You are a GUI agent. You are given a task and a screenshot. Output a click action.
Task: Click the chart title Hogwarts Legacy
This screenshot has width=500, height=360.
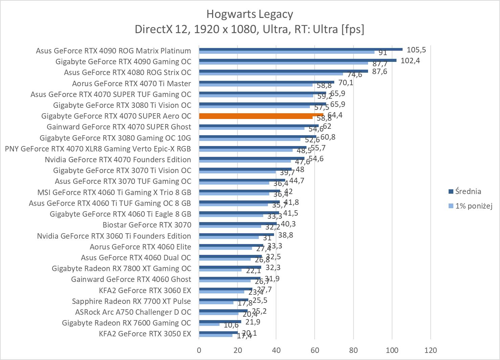coord(249,14)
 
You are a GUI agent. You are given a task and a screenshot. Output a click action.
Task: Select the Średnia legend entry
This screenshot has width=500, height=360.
coord(468,191)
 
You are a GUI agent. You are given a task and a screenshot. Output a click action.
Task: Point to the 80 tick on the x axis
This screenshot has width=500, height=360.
coord(353,350)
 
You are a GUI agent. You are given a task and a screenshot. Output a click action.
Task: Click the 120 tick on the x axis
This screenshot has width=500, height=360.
coord(430,350)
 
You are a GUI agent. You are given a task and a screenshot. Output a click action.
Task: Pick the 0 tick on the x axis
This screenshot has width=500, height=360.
coord(199,350)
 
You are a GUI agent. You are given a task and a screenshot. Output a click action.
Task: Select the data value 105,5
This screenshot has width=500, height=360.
coord(416,50)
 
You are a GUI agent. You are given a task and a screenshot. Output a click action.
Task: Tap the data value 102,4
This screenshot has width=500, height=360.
coord(410,61)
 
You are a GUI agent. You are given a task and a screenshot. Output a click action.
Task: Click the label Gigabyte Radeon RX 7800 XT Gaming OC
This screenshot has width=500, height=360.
coord(121,268)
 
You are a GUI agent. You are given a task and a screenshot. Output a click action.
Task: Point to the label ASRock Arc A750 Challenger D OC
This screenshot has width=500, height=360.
coord(133,312)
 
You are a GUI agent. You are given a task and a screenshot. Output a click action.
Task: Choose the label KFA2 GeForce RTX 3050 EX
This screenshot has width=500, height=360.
coord(145,334)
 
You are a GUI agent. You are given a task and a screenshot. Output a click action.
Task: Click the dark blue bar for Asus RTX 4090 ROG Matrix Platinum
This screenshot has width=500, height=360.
coord(300,49)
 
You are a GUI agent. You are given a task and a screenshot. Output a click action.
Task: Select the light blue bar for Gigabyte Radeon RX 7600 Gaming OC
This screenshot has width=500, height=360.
coord(209,325)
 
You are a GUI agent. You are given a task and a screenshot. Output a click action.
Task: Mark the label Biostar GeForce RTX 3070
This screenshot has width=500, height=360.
coord(147,225)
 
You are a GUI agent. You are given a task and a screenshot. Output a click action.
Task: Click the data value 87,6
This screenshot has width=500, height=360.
coord(379,72)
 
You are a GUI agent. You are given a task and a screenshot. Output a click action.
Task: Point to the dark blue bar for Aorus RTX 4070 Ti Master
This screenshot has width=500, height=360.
coord(266,82)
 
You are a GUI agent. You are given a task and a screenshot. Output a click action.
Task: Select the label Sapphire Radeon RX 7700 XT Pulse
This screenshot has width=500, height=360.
coord(131,301)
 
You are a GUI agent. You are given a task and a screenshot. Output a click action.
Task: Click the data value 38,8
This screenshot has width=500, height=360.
coord(286,235)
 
